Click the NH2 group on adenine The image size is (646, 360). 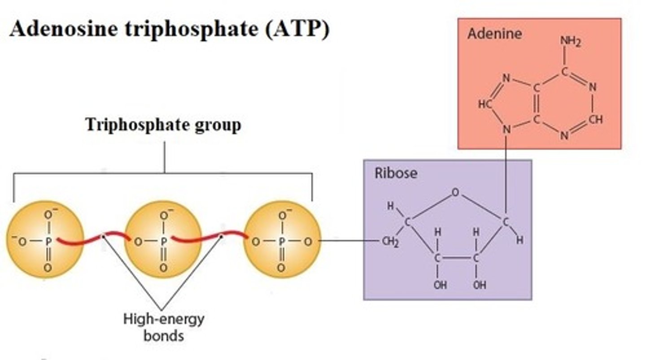point(570,42)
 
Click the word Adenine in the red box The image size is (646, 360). point(494,34)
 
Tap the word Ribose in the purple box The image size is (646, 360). point(396,173)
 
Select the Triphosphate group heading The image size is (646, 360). point(163,125)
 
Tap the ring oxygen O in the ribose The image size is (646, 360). point(455,193)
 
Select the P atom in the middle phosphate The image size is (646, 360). point(164,242)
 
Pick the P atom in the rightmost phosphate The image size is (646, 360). point(281,242)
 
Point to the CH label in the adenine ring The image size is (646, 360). point(596,120)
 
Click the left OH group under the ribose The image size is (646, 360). point(440,285)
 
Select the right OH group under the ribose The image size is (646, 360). point(479,285)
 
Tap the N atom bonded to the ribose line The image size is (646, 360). point(506,130)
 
